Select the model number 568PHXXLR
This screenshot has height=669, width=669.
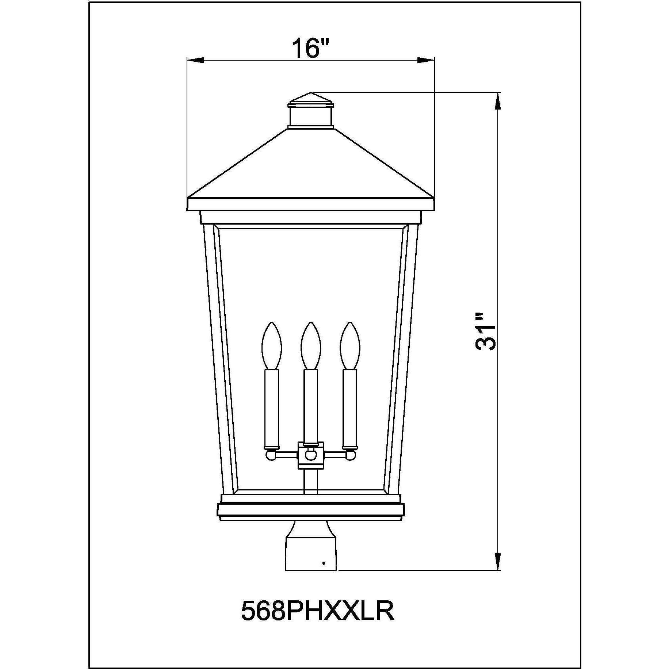tap(318, 611)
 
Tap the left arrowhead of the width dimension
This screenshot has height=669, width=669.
tap(195, 60)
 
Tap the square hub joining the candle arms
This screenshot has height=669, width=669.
tap(311, 455)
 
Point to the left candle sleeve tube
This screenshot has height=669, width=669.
tap(272, 407)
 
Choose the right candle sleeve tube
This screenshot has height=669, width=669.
tap(350, 407)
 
